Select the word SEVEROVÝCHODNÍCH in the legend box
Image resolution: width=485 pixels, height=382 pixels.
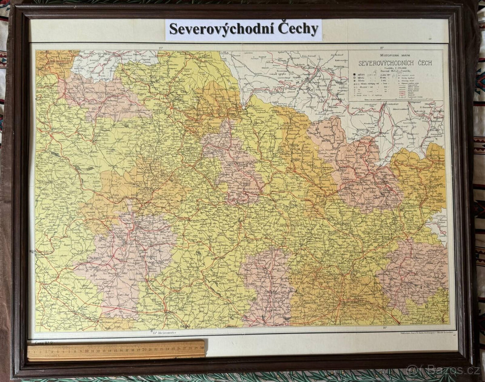[x=384, y=63]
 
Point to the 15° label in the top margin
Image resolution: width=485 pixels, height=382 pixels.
[x=160, y=48]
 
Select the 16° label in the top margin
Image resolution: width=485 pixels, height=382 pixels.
[x=382, y=48]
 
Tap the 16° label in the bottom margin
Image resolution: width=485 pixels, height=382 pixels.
[x=384, y=329]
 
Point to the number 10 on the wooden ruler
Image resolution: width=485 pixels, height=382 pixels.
[x=86, y=350]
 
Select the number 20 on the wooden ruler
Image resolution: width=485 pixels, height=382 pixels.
[x=144, y=349]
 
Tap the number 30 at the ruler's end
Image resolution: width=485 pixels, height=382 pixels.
[x=201, y=348]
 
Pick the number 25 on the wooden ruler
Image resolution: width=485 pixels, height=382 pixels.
[x=173, y=348]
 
